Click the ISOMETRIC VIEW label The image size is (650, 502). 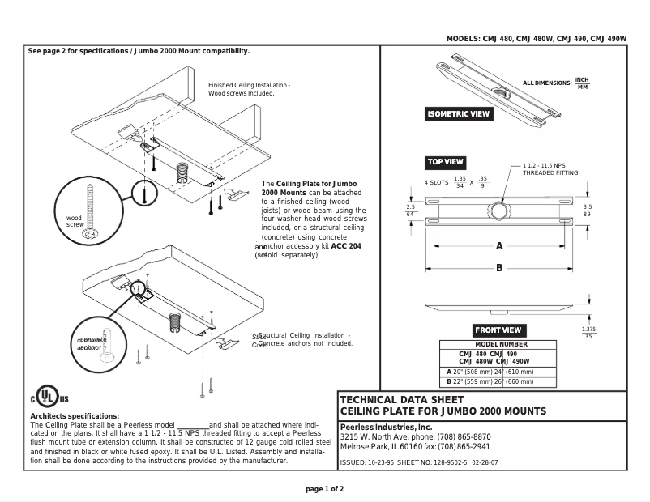coord(460,114)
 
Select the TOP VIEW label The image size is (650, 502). coord(445,162)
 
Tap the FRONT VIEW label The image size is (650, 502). coord(498,330)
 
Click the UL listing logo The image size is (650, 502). coord(49,398)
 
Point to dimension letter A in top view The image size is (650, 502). coord(499,246)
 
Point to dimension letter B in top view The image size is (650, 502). coord(499,268)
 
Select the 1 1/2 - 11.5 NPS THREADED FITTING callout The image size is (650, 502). coord(550,169)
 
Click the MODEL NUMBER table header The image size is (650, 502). coord(497,345)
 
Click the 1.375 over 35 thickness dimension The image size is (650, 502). coord(589,333)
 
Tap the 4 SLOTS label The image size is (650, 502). coord(436,183)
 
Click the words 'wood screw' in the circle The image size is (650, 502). coord(75,222)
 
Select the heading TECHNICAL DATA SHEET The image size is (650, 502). coord(401,400)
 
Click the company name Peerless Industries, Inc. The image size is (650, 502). coord(386,427)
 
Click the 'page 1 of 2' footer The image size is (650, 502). coord(324,489)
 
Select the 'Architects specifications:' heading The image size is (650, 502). coord(74,416)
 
